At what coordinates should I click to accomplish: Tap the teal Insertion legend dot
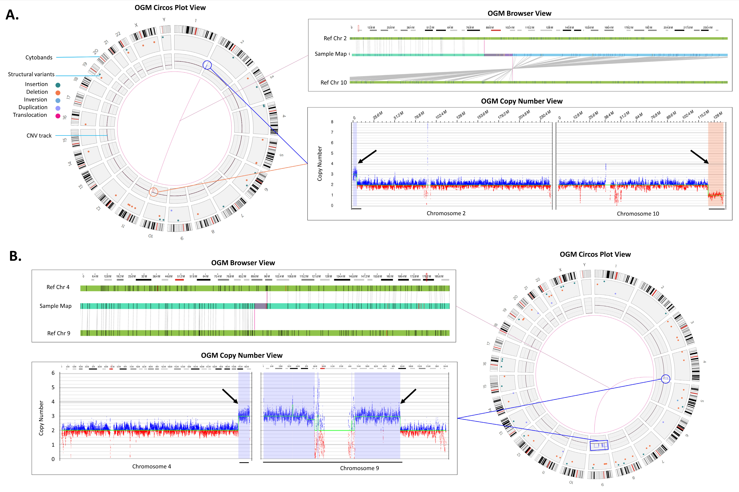tap(58, 85)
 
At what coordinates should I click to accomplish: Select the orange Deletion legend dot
tap(58, 93)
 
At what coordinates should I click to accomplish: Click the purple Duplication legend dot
tap(58, 108)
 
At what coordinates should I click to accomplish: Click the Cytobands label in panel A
tap(39, 57)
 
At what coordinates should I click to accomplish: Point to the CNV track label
tap(39, 136)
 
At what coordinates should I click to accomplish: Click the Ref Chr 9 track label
tap(59, 333)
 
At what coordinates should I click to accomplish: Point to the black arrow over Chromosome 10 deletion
tap(699, 157)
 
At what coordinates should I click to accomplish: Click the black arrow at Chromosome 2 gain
tap(367, 157)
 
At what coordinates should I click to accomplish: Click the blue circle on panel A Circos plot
tap(207, 65)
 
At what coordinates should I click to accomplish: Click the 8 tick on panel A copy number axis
tap(332, 122)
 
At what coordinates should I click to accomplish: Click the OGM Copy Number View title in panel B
tap(242, 355)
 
